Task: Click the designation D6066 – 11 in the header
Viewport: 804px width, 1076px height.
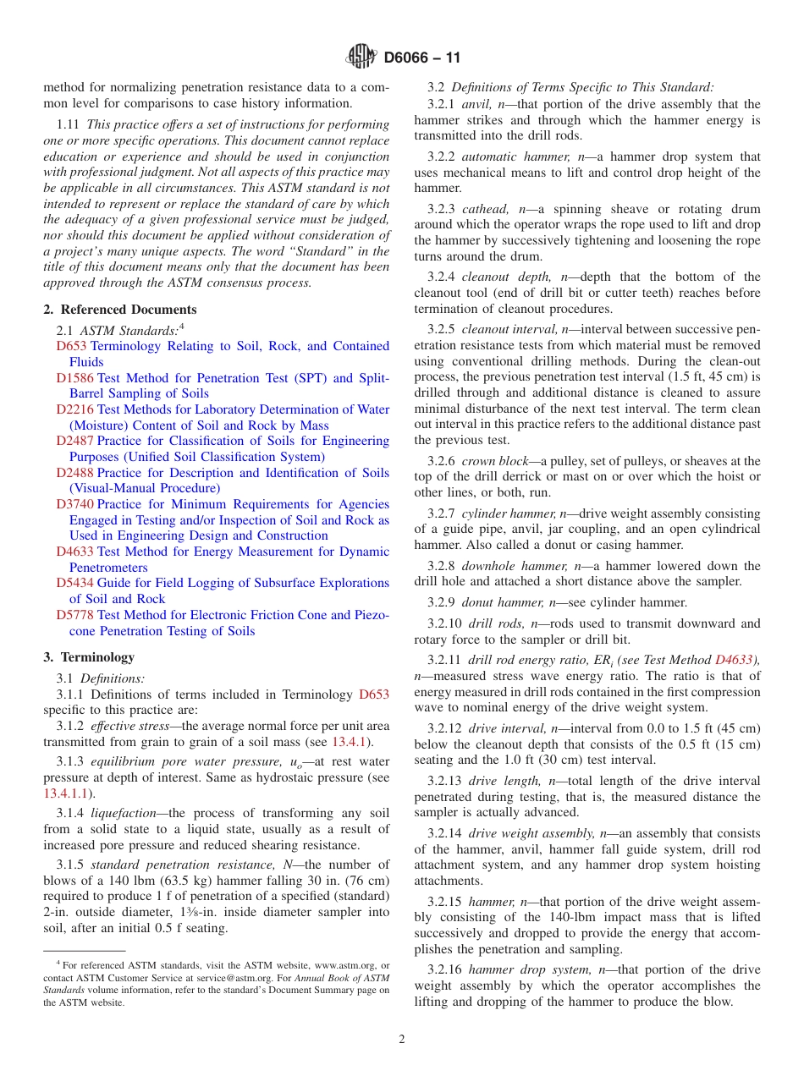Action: [422, 58]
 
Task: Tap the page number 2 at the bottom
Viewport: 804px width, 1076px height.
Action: [402, 1040]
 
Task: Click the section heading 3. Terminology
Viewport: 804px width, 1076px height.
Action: [89, 657]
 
